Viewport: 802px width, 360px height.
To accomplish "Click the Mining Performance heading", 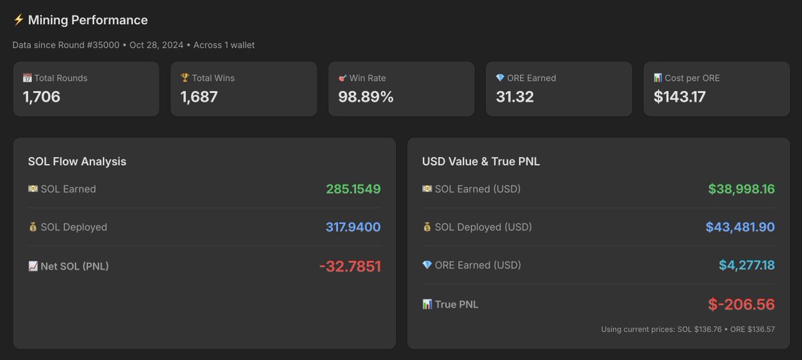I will [x=88, y=20].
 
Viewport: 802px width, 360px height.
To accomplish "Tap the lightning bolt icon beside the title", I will [x=19, y=20].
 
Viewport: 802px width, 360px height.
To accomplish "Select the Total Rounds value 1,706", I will [x=41, y=97].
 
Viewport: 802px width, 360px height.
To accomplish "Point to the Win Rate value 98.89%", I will [x=366, y=97].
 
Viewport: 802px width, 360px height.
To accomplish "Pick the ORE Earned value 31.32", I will [x=514, y=97].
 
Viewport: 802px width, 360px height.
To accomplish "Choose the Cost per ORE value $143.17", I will [x=679, y=97].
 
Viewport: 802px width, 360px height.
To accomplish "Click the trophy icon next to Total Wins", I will [x=185, y=78].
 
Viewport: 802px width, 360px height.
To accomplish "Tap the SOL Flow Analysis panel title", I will [x=77, y=161].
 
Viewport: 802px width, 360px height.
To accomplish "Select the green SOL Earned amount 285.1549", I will [x=353, y=189].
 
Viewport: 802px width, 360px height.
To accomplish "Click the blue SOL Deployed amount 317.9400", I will [x=353, y=228].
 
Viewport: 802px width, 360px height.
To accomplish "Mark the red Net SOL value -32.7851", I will [x=350, y=266].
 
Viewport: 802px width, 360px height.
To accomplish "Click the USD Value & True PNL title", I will [x=481, y=161].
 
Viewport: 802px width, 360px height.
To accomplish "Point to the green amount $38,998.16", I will [x=741, y=189].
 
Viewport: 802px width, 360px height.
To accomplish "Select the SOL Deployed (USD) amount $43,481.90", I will [x=740, y=228].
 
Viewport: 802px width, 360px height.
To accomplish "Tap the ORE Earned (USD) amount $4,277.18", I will [x=746, y=266].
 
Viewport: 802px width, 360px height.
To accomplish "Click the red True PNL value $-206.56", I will [x=741, y=304].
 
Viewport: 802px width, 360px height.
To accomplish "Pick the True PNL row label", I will [x=456, y=304].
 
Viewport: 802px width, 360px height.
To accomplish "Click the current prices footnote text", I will [x=688, y=329].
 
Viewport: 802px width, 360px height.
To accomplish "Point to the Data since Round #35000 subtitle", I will [x=133, y=45].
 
